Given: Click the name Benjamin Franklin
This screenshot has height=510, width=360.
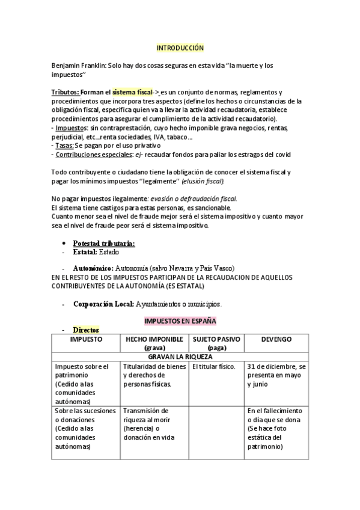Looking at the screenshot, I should tap(79, 65).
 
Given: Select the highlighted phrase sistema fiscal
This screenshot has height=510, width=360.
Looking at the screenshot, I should tap(132, 92).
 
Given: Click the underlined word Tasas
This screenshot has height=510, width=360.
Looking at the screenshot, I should tap(64, 146).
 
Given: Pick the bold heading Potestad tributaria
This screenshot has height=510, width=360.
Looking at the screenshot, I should tap(103, 243).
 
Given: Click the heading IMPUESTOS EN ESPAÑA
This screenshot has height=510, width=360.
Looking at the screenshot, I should tap(180, 321).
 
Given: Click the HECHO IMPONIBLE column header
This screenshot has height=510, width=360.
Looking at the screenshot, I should tap(154, 343).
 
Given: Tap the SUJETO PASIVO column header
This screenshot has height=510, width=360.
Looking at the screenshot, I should tap(216, 343).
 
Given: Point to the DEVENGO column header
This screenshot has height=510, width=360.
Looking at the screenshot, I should tap(276, 340).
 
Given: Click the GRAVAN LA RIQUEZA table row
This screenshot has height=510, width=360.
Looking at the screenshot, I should tap(180, 357).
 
